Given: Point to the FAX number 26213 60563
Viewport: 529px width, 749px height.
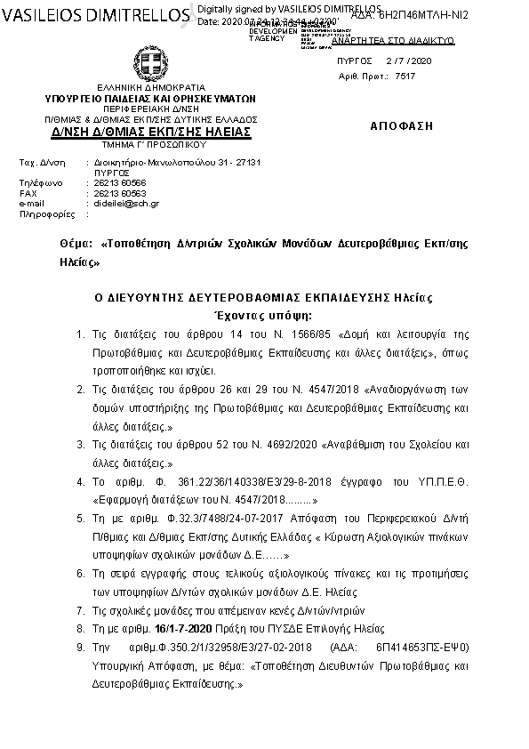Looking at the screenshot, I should pos(120,193).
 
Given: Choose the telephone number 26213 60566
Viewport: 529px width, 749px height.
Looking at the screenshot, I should pos(120,182).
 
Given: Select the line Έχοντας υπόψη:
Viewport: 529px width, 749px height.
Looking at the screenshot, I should pos(265,315).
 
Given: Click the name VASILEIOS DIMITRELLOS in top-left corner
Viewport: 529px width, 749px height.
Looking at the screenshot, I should pos(93,15).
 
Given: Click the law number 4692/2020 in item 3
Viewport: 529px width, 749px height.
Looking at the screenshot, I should pos(269,444).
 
